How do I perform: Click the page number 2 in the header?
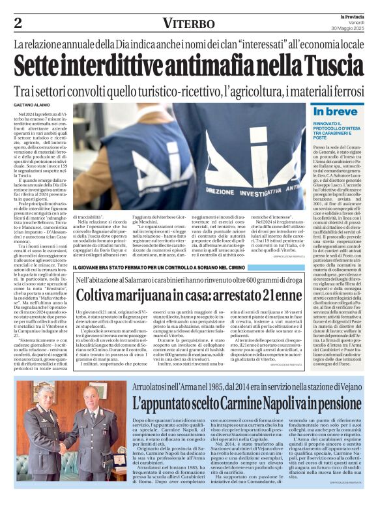18,23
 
